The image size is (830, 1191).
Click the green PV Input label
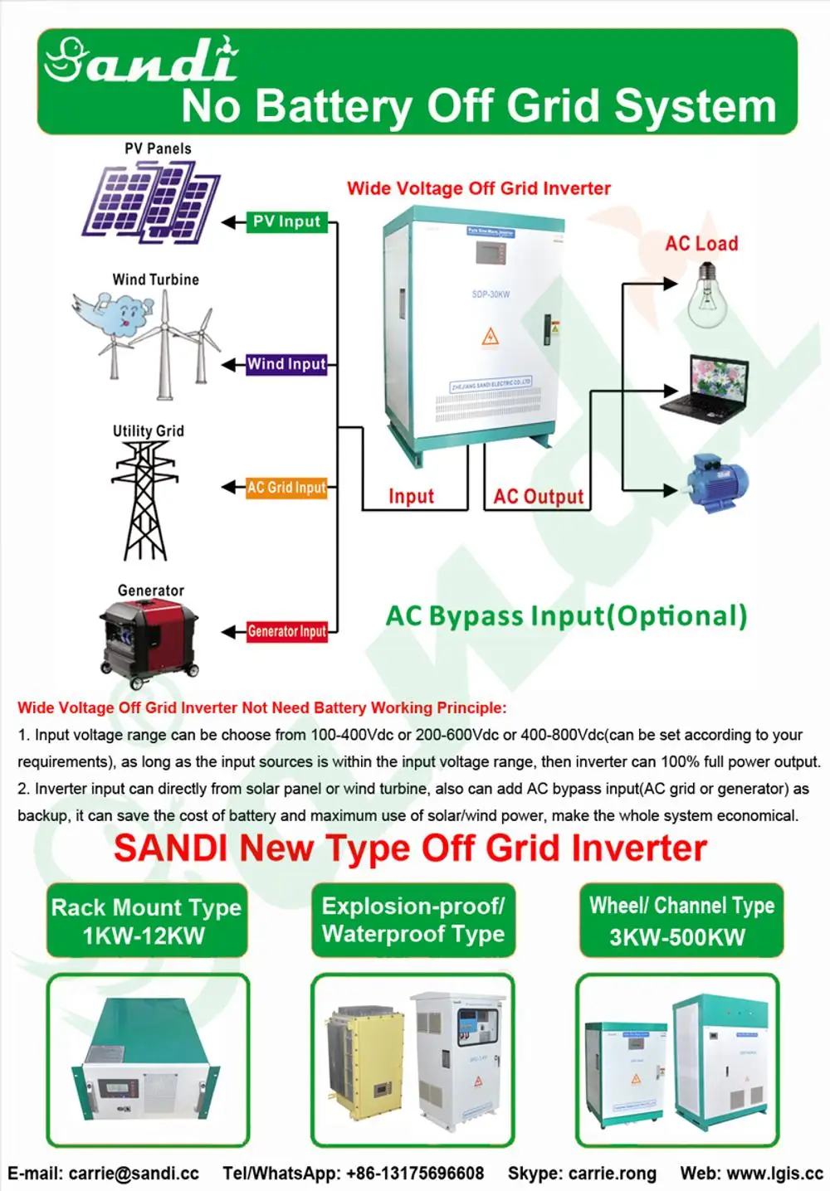click(x=286, y=221)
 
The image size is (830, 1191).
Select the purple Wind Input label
click(x=286, y=364)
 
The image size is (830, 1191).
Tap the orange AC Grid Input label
click(x=286, y=488)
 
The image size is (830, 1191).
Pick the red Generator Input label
click(x=286, y=631)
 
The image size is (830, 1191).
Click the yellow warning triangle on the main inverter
click(x=490, y=337)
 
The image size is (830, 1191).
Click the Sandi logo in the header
click(x=141, y=60)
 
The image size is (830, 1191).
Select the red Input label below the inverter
click(x=411, y=496)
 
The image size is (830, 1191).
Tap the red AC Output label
click(x=539, y=496)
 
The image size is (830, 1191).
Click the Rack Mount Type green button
click(x=146, y=921)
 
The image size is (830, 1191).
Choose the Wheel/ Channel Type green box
click(x=681, y=921)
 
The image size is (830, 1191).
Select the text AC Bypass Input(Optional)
click(x=567, y=616)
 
